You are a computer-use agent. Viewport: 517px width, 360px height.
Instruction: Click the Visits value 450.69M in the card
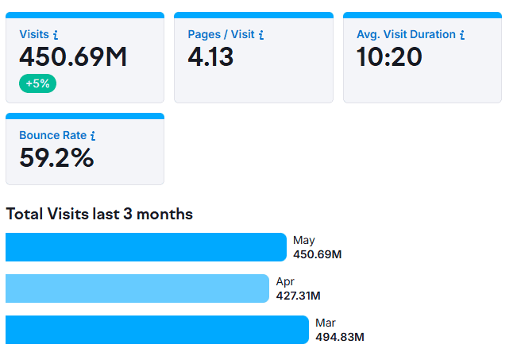pyautogui.click(x=73, y=57)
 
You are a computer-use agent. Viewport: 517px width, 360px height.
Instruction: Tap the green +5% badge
pyautogui.click(x=38, y=83)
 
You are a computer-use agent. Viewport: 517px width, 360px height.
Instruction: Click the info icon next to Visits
pyautogui.click(x=56, y=35)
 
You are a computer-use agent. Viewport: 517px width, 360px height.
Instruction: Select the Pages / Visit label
pyautogui.click(x=221, y=35)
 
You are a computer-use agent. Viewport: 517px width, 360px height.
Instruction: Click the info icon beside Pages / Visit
pyautogui.click(x=261, y=35)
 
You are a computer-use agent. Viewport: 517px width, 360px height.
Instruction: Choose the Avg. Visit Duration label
pyautogui.click(x=406, y=35)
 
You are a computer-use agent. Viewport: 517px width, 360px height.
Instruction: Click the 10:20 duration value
pyautogui.click(x=389, y=57)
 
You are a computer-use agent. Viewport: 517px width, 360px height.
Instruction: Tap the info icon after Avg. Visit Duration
pyautogui.click(x=462, y=35)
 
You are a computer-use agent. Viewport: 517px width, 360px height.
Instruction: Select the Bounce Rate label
pyautogui.click(x=52, y=136)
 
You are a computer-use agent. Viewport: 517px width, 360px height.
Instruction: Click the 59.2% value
pyautogui.click(x=56, y=158)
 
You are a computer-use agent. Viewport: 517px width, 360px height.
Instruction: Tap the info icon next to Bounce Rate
pyautogui.click(x=93, y=136)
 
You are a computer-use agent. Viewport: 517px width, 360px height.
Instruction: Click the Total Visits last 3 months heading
pyautogui.click(x=99, y=214)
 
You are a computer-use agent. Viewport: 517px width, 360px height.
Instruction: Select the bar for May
pyautogui.click(x=145, y=247)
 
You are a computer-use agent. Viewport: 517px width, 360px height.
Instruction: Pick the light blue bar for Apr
pyautogui.click(x=137, y=288)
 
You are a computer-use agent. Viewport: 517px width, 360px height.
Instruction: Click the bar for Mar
pyautogui.click(x=156, y=330)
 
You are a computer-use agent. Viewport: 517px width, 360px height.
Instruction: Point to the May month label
pyautogui.click(x=304, y=240)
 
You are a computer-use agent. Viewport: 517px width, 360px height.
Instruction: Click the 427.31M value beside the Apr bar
pyautogui.click(x=298, y=296)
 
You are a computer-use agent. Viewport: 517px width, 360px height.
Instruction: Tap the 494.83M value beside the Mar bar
pyautogui.click(x=339, y=337)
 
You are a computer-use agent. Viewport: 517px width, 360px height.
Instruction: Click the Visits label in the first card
pyautogui.click(x=33, y=35)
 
